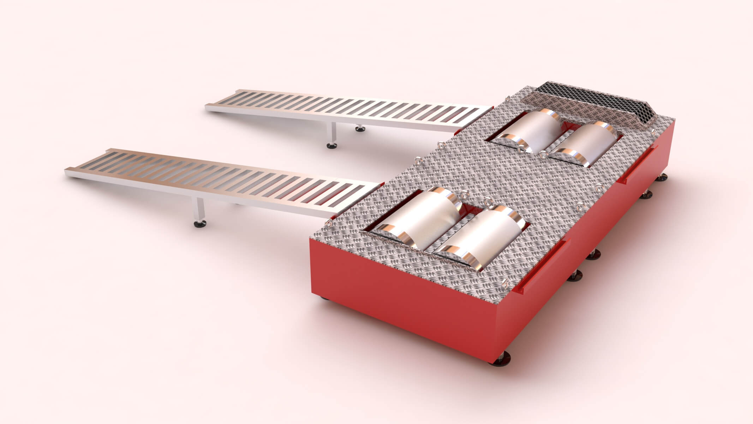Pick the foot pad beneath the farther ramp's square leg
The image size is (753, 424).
332,145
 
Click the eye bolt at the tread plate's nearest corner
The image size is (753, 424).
506,282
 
